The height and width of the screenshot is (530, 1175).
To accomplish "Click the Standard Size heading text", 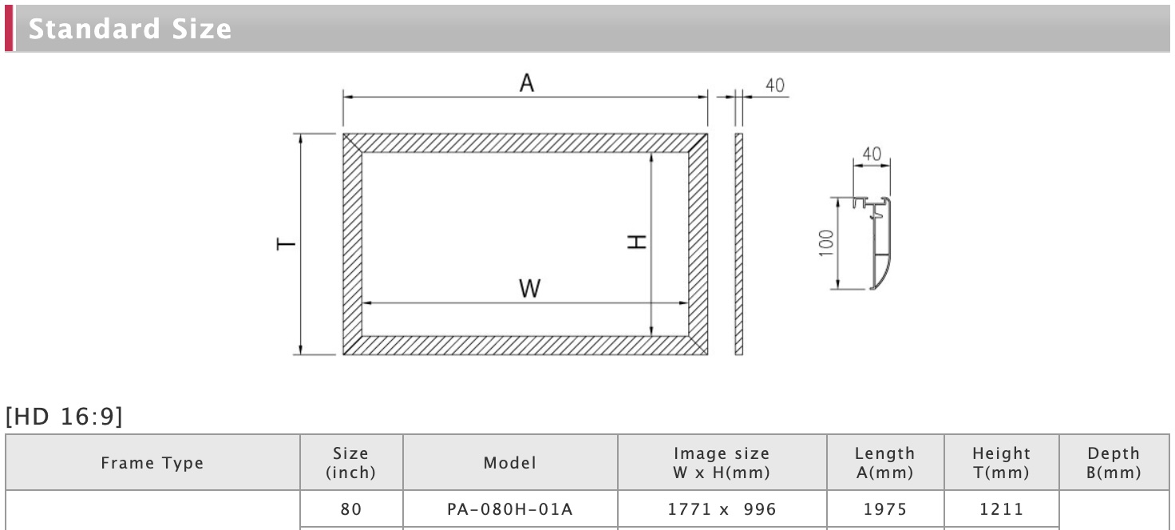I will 130,30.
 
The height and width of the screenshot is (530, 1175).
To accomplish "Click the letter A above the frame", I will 526,83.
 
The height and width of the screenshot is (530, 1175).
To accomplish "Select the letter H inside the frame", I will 636,241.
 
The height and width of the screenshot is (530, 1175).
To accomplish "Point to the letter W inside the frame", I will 529,289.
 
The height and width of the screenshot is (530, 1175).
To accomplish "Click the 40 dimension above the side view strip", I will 774,85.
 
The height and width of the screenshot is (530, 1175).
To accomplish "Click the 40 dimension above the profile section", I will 872,154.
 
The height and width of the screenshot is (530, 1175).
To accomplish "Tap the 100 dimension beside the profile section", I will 826,243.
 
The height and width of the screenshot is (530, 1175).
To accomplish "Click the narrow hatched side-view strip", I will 738,244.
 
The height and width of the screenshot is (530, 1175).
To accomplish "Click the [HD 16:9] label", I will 64,417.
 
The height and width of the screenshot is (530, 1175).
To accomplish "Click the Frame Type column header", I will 152,463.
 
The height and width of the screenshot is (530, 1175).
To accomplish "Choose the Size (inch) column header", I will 351,463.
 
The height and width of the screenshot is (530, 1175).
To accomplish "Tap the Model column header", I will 510,463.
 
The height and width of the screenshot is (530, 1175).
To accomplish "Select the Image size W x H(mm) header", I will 722,463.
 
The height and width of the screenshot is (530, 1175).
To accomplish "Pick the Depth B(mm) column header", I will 1114,463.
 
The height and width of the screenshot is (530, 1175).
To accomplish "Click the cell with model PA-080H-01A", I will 510,509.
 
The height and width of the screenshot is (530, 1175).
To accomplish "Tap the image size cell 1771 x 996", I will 722,509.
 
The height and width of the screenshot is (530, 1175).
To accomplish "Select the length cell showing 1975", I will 885,509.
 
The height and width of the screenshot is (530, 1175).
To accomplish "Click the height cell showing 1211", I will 1001,509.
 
